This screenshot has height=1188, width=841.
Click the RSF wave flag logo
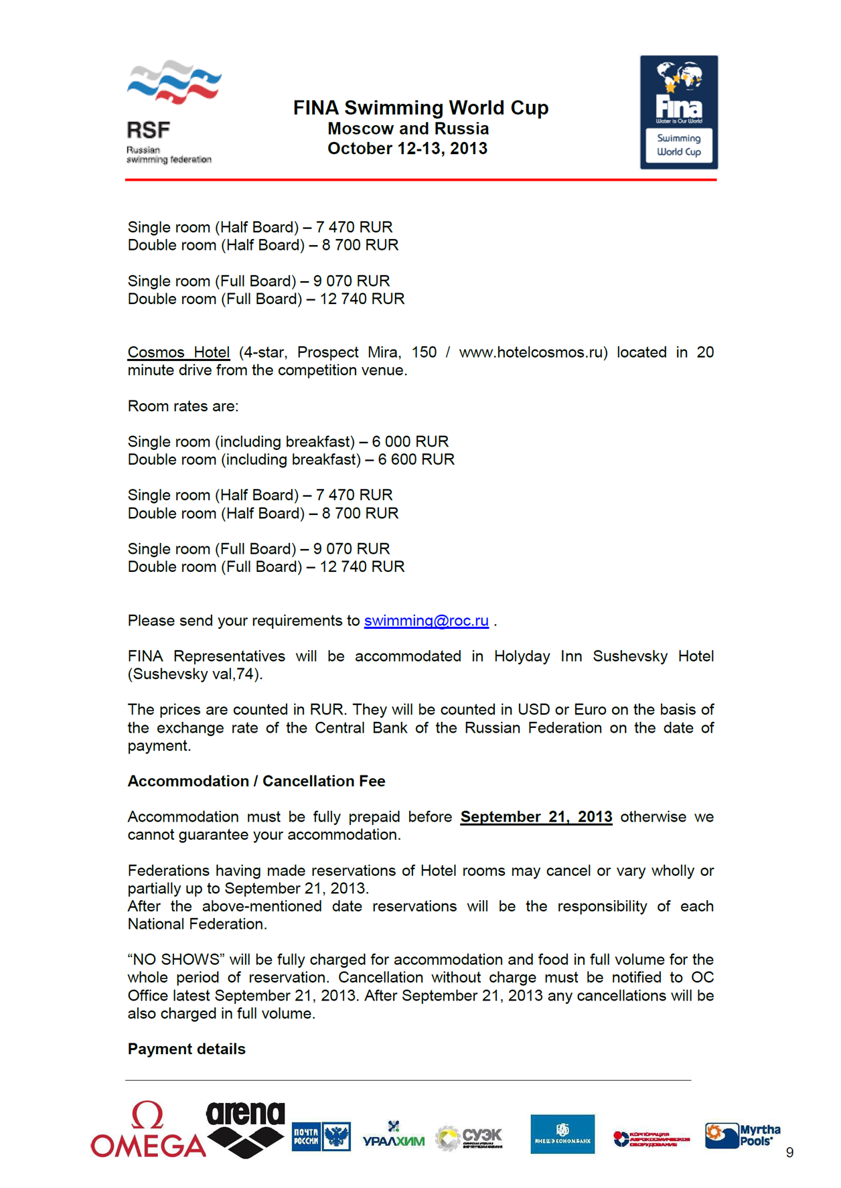[173, 82]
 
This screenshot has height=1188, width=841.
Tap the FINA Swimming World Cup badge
[678, 112]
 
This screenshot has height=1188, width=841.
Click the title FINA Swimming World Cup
[420, 108]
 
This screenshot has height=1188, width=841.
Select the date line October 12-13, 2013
[407, 149]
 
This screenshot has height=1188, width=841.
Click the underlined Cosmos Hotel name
[179, 352]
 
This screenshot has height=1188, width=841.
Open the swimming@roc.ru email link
[426, 621]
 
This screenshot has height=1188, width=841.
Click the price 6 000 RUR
[410, 442]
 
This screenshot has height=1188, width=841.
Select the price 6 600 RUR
[416, 459]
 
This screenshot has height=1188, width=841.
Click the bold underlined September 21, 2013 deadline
[536, 817]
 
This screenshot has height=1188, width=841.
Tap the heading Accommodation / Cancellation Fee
[256, 782]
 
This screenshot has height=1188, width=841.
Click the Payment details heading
[186, 1049]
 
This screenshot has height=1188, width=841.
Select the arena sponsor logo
[245, 1128]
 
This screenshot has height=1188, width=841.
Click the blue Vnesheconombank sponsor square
[562, 1134]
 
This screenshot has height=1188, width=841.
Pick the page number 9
[789, 1153]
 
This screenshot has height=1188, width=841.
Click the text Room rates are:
[183, 406]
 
